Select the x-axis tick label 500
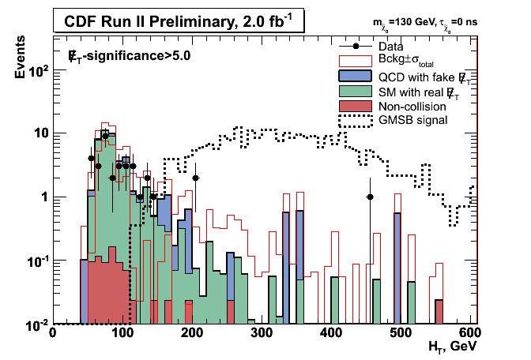tap(400, 332)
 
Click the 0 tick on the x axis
tap(52, 332)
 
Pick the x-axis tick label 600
tap(469, 332)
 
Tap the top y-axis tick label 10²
tap(37, 70)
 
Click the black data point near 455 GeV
tap(369, 197)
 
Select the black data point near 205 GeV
tap(195, 178)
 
